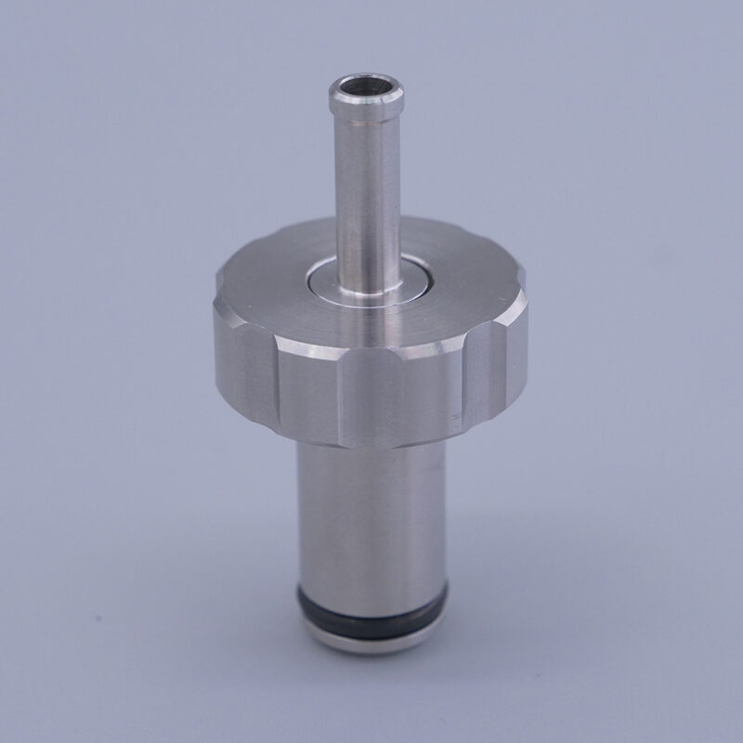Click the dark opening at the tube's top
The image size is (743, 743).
(367, 92)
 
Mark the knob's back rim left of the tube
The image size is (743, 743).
(279, 243)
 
